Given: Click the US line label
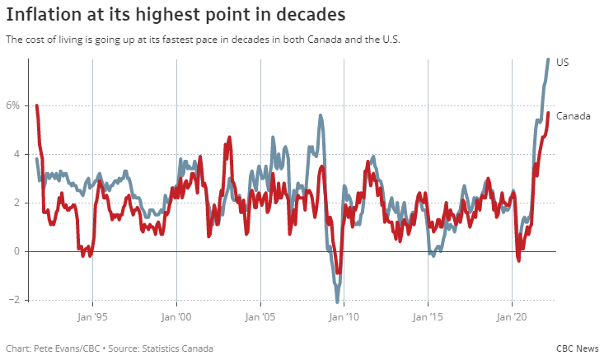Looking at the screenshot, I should (563, 63).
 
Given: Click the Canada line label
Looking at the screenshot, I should (574, 116).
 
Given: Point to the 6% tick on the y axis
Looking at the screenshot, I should (12, 105).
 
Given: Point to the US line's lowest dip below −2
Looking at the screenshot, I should (337, 302).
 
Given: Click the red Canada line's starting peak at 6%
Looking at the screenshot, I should (37, 105).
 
